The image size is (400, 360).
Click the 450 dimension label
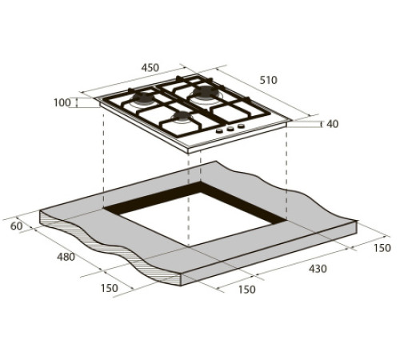150,68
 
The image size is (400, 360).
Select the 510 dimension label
269,80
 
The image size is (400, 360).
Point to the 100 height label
62,102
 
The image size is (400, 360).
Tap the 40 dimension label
333,124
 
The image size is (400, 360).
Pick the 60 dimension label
17,226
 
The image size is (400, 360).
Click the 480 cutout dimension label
66,257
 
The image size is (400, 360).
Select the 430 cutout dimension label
318,269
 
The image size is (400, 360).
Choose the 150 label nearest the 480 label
109,288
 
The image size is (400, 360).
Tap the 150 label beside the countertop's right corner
382,248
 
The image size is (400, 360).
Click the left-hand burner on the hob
143,98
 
